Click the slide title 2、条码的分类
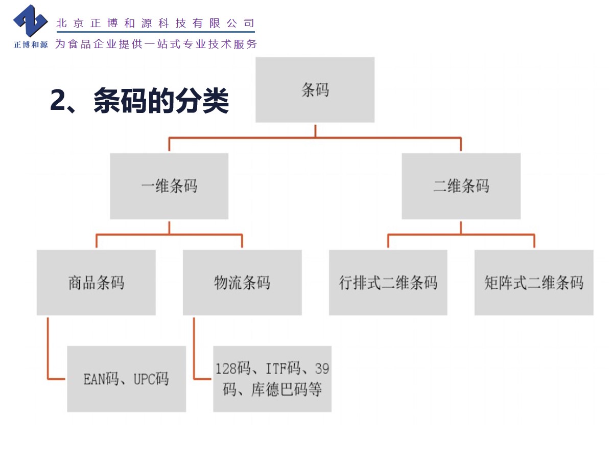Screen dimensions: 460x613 click(x=139, y=101)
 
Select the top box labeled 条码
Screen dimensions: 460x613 click(x=315, y=90)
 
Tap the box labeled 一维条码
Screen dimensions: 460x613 click(x=169, y=186)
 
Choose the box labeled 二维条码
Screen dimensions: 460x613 click(x=461, y=186)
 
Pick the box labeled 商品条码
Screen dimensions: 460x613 click(x=96, y=282)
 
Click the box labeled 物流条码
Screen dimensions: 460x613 click(x=242, y=282)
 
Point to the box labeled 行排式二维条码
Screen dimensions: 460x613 click(x=388, y=282)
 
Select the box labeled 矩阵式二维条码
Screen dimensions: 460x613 click(x=534, y=282)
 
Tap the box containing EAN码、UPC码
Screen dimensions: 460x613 click(x=126, y=379)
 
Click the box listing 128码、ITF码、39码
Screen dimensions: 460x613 click(x=272, y=379)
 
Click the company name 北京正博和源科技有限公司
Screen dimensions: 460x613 click(x=155, y=23)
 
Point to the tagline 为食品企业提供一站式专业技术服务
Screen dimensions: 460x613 click(x=156, y=44)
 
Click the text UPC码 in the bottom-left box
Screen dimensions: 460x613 click(x=151, y=379)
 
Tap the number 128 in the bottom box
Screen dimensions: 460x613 click(x=226, y=368)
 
